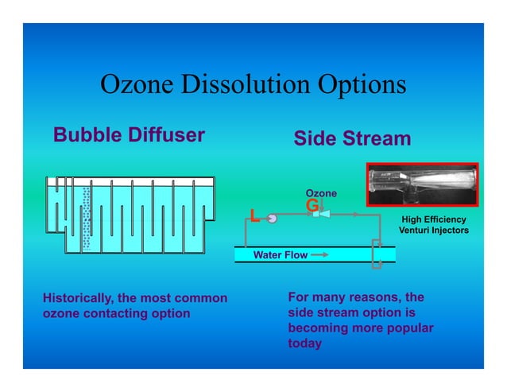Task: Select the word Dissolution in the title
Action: [x=244, y=86]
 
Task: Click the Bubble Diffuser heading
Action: [x=129, y=135]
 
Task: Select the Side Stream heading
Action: [x=352, y=139]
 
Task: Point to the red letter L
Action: [x=253, y=216]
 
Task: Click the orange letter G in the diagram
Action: [x=312, y=205]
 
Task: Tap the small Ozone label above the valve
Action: [x=321, y=193]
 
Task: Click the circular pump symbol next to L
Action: [x=271, y=217]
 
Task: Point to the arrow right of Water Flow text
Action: [x=319, y=255]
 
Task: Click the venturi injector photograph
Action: [x=421, y=184]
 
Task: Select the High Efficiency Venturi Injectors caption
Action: [x=433, y=225]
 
